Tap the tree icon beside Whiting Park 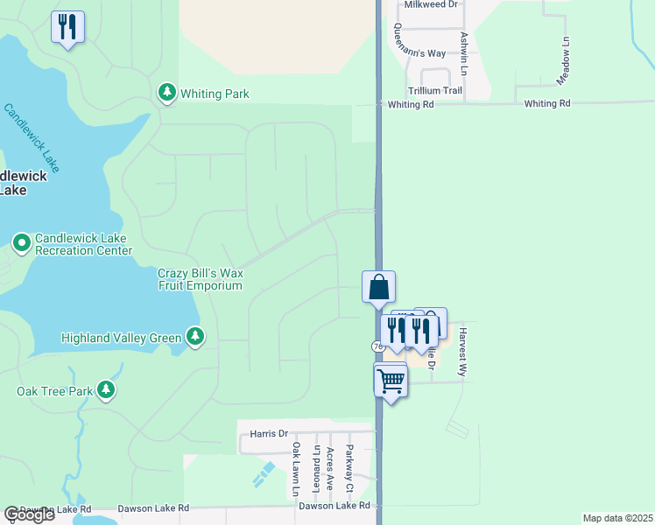pyautogui.click(x=166, y=93)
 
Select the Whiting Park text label pyautogui.click(x=215, y=94)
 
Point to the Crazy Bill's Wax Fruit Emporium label pyautogui.click(x=200, y=279)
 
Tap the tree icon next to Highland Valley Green pyautogui.click(x=195, y=337)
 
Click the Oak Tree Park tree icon pyautogui.click(x=106, y=389)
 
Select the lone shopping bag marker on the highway pyautogui.click(x=379, y=286)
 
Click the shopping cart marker pyautogui.click(x=391, y=381)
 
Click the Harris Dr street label pyautogui.click(x=269, y=433)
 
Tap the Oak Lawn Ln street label pyautogui.click(x=297, y=470)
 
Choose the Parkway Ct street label pyautogui.click(x=349, y=467)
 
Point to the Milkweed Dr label pyautogui.click(x=431, y=4)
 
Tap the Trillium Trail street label pyautogui.click(x=434, y=90)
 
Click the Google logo pyautogui.click(x=29, y=514)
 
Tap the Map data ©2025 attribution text pyautogui.click(x=616, y=518)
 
